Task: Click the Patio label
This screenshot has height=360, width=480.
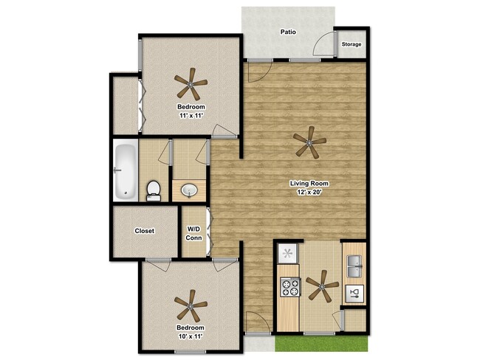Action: tap(288, 32)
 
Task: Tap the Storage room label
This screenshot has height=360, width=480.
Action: tap(352, 44)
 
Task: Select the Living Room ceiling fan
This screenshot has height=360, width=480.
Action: tap(309, 142)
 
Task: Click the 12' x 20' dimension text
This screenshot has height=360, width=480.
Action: tap(309, 193)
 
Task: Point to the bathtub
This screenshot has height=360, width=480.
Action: tap(126, 170)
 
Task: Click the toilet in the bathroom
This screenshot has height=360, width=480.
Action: tap(154, 191)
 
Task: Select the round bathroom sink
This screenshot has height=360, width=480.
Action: tap(189, 190)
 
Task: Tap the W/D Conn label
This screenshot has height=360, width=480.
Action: tap(193, 233)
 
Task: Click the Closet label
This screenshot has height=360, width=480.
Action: tap(145, 231)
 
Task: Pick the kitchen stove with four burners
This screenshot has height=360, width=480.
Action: tap(290, 287)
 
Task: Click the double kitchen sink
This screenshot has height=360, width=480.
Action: tap(354, 266)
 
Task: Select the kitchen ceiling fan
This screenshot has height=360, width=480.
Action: tap(322, 286)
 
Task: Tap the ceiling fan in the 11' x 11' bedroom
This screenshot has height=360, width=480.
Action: tap(191, 84)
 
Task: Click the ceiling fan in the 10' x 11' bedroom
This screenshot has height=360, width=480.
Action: tap(191, 305)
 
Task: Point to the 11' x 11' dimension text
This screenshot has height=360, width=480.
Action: tap(191, 116)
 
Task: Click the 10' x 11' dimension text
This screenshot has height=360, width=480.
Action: tap(191, 336)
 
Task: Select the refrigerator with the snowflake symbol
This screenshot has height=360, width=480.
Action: tap(287, 254)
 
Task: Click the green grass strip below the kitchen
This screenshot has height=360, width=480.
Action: tap(321, 344)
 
